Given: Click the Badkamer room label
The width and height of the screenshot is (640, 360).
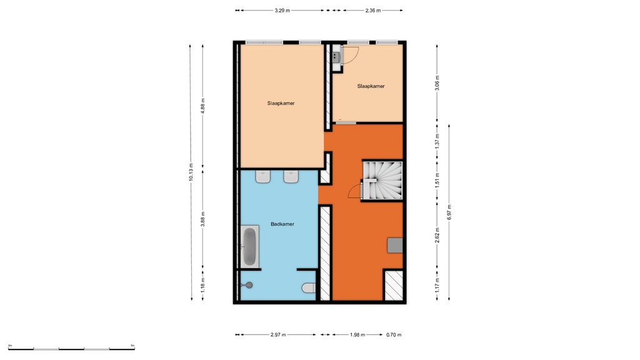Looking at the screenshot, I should (x=282, y=224).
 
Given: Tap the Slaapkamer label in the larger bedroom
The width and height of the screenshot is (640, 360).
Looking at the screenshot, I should (x=281, y=103).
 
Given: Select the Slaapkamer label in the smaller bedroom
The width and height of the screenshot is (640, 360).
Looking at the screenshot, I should (x=371, y=86).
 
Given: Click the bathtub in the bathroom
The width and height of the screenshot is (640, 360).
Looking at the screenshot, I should (x=250, y=247).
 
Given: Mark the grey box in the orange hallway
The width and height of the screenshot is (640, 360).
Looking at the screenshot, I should (x=395, y=245).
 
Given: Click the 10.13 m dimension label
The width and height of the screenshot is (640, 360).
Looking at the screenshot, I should (x=191, y=172).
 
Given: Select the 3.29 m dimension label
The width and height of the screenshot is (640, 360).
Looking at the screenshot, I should (x=282, y=11).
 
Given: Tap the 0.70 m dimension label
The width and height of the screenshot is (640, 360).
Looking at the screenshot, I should (x=393, y=335).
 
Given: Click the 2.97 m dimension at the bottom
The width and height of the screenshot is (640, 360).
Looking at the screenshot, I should (x=278, y=335).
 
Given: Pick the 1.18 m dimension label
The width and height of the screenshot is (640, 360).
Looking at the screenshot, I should (x=202, y=286).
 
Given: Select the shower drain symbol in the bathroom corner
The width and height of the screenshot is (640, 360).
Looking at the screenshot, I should (x=250, y=285).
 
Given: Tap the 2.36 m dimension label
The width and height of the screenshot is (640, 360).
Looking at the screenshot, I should (x=372, y=11).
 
